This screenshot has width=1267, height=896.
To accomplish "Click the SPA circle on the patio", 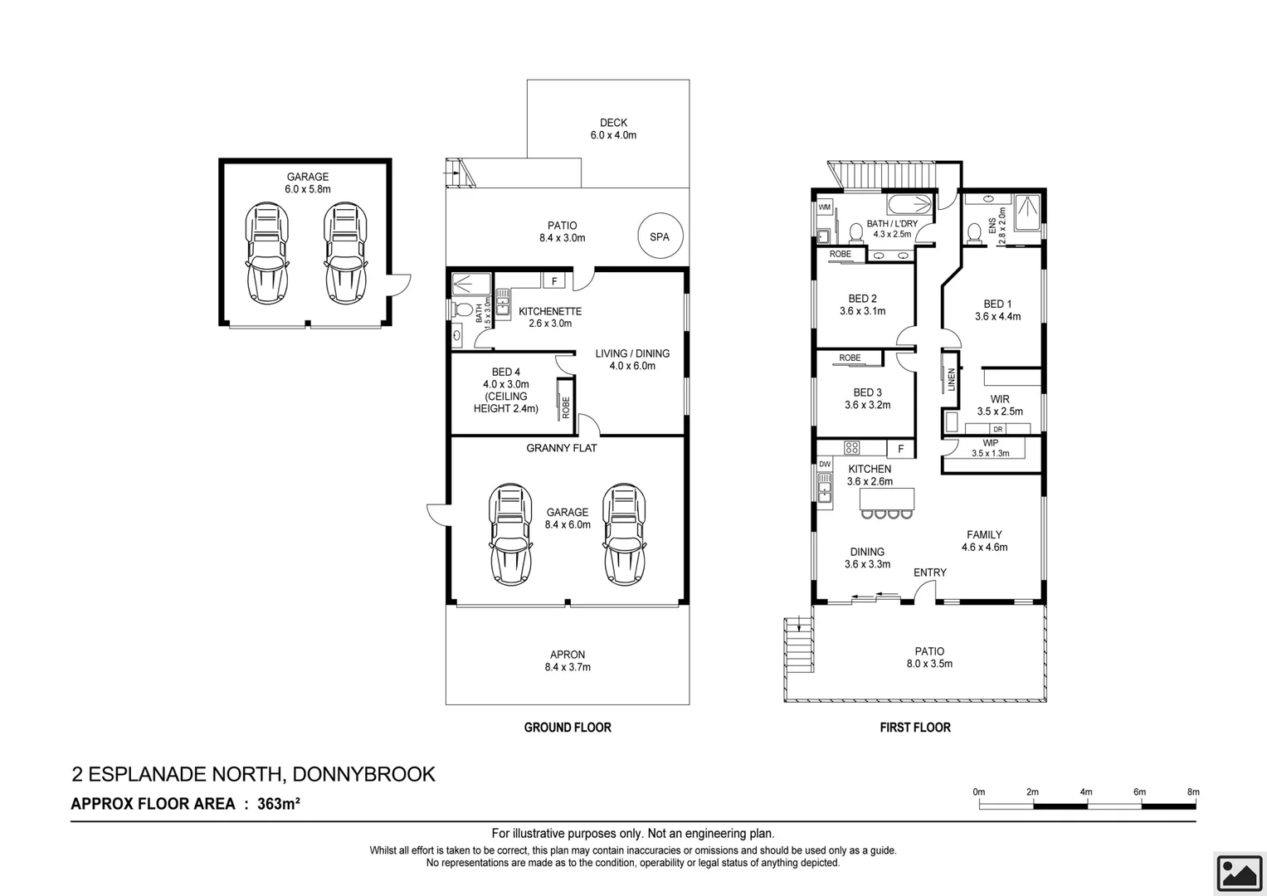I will pos(660,236).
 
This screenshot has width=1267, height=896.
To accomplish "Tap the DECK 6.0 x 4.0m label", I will pos(613,129).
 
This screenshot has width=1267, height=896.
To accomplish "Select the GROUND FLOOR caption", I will pos(568,728).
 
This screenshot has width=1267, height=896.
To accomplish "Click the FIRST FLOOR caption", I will pos(915,728).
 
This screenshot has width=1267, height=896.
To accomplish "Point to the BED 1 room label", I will pos(997,310).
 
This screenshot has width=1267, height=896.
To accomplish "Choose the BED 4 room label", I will pos(506,390).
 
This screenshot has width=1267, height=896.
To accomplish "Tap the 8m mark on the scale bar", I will pos(1193,792).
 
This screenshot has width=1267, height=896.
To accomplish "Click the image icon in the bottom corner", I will pos(1240,874).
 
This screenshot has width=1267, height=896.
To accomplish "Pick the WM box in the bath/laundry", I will pos(825,207).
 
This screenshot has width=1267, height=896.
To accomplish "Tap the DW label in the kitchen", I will pos(825,465).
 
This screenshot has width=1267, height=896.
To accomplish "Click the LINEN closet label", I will pos(952,380).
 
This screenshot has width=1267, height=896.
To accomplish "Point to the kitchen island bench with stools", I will pos(887,499).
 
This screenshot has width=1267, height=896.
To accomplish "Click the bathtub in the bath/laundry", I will pos(909,204).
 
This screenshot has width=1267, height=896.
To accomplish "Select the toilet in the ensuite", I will pos(975,231).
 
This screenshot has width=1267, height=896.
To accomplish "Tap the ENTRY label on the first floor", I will pos(929,572).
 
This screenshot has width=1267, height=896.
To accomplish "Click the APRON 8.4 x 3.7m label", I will pos(568,660).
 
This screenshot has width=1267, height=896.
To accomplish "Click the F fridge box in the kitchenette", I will pos(553,281).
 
